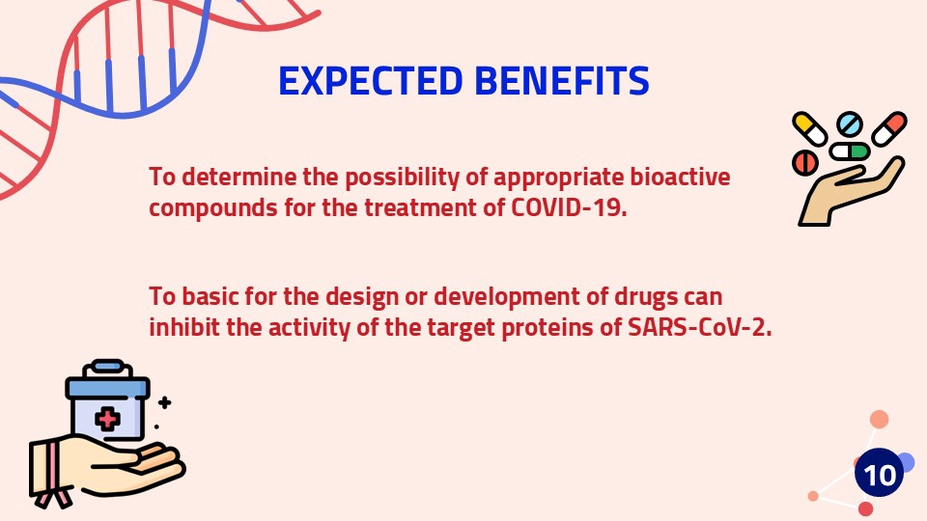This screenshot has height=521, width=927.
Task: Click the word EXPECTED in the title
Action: pyautogui.click(x=370, y=80)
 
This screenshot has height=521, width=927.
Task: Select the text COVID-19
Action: pyautogui.click(x=568, y=207)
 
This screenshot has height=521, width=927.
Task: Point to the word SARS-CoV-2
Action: pyautogui.click(x=700, y=327)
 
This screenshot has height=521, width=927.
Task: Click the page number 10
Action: pyautogui.click(x=879, y=475)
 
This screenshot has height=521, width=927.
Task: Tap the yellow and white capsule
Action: pyautogui.click(x=809, y=128)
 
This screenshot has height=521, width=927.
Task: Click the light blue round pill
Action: pyautogui.click(x=850, y=124)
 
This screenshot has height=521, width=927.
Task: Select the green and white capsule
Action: pyautogui.click(x=849, y=151)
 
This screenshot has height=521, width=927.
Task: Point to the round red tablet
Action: pyautogui.click(x=804, y=162)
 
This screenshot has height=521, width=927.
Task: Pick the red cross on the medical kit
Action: pyautogui.click(x=107, y=419)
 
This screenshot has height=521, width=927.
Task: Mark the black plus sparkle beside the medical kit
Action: pyautogui.click(x=165, y=403)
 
